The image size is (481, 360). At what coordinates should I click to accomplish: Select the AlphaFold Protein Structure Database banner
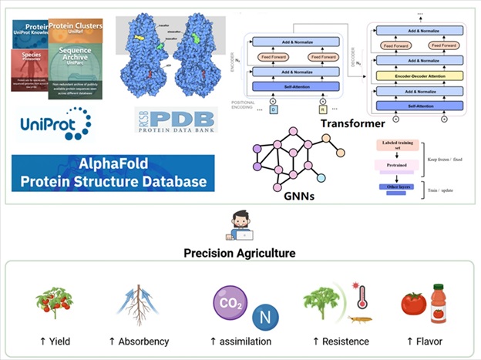click(113, 173)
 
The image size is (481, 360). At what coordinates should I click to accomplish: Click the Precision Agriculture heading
click(240, 252)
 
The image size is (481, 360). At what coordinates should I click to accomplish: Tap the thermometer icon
click(361, 294)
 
